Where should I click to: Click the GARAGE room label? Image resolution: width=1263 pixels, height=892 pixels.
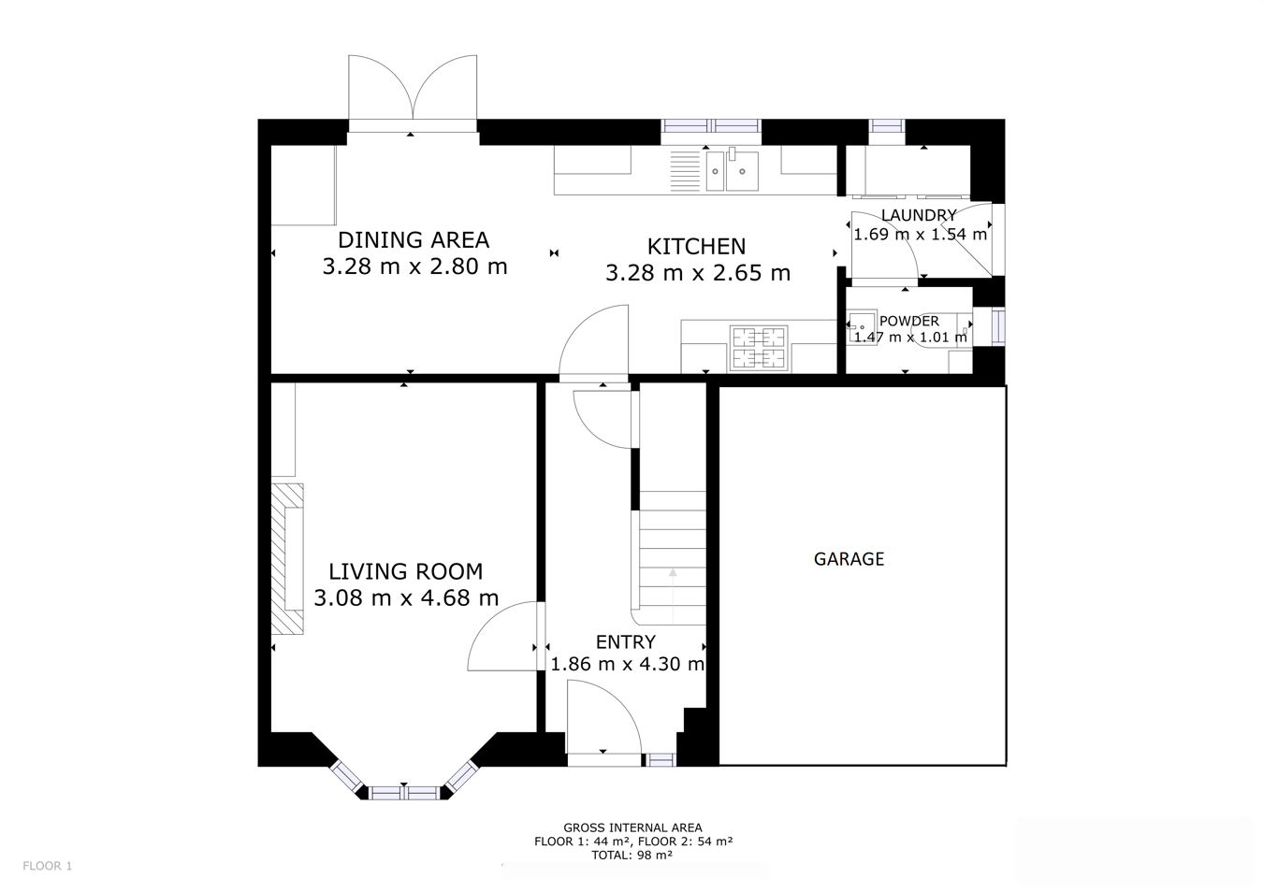[849, 559]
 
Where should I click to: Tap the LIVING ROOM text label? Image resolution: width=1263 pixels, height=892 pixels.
[406, 571]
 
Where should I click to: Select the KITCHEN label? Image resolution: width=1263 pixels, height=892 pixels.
[696, 246]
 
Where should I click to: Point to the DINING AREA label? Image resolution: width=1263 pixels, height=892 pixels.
[414, 240]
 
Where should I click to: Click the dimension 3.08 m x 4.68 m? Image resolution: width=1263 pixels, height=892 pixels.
[406, 597]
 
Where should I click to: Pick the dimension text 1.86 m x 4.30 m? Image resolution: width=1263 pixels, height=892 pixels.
[627, 665]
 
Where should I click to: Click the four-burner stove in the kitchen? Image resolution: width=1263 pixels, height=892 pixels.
[759, 348]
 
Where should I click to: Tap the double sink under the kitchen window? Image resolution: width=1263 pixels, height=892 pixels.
[733, 169]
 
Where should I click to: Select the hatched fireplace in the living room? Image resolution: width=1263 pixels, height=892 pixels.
[287, 559]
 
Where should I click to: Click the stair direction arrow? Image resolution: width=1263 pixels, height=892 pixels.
[673, 597]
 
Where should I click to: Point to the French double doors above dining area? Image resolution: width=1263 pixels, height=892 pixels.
[413, 94]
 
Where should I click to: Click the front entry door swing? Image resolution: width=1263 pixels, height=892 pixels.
[603, 716]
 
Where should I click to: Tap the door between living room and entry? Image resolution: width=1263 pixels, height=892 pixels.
[506, 636]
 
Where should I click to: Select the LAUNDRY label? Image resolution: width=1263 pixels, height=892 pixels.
[919, 215]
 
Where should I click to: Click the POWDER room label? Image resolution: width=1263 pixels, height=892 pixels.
[909, 322]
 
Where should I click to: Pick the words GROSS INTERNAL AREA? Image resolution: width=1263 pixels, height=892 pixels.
[632, 827]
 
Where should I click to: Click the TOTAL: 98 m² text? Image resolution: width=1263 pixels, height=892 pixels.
[631, 855]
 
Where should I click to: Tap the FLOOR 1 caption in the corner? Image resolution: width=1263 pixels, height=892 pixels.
[48, 866]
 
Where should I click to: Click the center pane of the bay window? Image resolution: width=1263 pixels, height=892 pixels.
[404, 793]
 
